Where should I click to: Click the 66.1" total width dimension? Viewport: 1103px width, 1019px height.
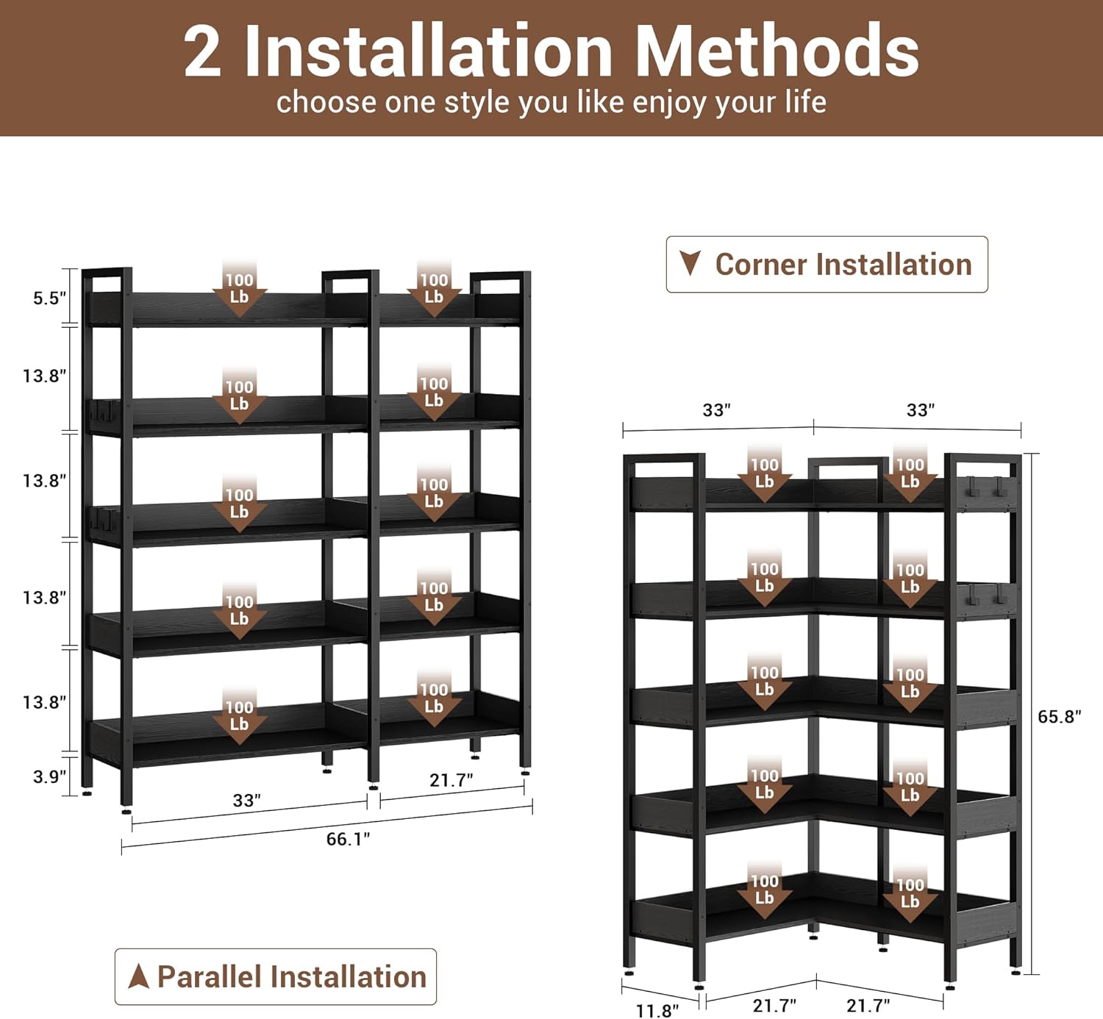[x=348, y=839]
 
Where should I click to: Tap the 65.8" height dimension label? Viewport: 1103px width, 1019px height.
[x=1059, y=716]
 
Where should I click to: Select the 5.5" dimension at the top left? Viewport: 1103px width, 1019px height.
[x=49, y=298]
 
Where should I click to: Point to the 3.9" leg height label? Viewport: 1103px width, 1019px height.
[x=49, y=776]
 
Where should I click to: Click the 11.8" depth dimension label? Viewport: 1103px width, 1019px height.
[x=657, y=1011]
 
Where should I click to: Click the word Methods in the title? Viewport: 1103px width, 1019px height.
[x=777, y=51]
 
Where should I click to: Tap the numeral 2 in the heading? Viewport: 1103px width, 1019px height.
[x=202, y=51]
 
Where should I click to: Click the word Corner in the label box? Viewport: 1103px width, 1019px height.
[x=760, y=265]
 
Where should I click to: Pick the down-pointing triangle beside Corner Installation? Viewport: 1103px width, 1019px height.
[x=690, y=262]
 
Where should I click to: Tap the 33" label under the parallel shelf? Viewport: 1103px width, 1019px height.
[x=246, y=800]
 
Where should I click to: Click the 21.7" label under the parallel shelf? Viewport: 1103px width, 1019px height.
[x=451, y=780]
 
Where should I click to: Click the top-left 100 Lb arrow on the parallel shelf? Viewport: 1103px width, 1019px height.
[x=240, y=287]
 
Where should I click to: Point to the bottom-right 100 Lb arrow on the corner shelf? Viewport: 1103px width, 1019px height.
[x=910, y=893]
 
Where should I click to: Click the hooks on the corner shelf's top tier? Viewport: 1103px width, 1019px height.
[x=985, y=487]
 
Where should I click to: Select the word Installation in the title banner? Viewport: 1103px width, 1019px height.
[x=428, y=51]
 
